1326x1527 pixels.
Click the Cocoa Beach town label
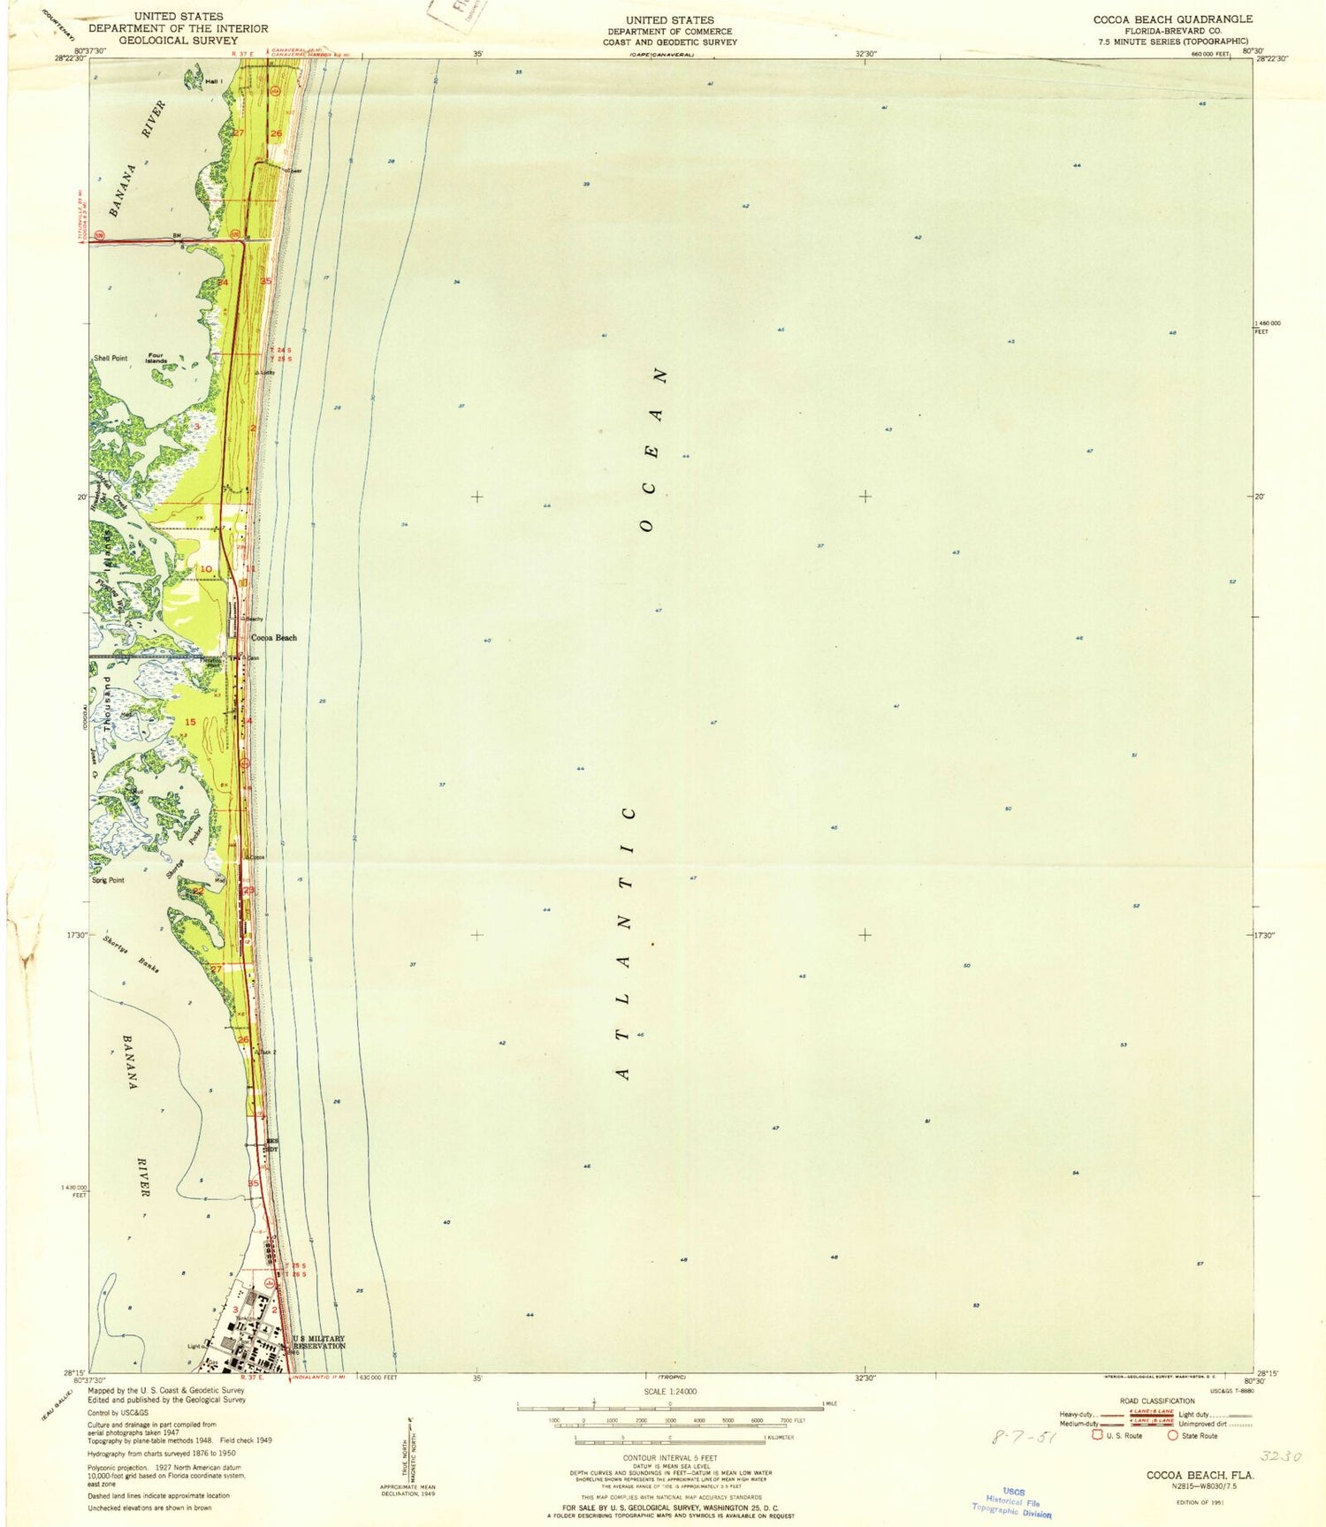click(x=274, y=637)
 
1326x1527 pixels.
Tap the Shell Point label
click(x=110, y=358)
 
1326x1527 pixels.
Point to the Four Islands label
click(x=156, y=358)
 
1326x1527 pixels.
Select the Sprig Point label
click(x=108, y=880)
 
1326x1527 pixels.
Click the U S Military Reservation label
click(x=319, y=1341)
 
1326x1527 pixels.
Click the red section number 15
click(x=190, y=722)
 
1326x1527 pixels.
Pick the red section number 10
click(x=205, y=568)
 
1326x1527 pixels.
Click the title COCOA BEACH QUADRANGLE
click(x=1172, y=19)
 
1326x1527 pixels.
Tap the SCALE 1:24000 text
click(x=670, y=1391)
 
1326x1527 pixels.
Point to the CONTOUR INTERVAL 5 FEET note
click(x=670, y=1457)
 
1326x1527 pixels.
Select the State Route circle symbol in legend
click(x=1173, y=1436)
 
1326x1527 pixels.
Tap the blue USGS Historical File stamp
click(x=1013, y=1501)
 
